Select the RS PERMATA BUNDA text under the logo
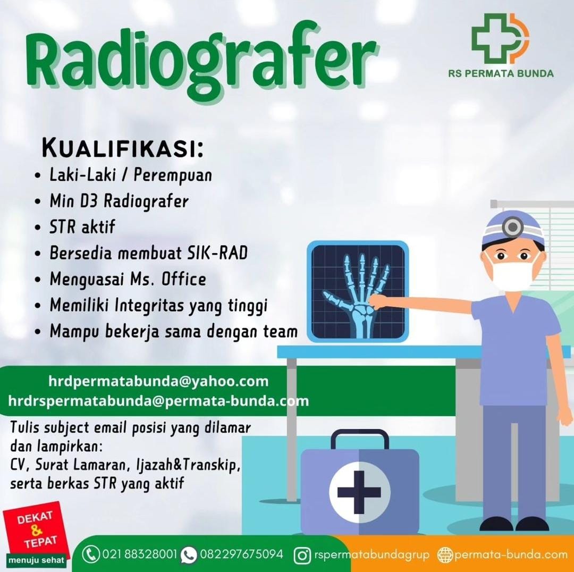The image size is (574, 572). (501, 73)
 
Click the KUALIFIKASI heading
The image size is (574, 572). (123, 149)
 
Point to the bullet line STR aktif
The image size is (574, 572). (82, 228)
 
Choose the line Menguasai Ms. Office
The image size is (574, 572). (128, 279)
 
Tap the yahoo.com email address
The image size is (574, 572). (158, 381)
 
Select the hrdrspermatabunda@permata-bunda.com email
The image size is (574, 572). (158, 401)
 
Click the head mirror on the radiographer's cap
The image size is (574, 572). (512, 228)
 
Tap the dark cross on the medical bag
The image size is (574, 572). (359, 492)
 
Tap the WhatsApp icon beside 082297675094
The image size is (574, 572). (189, 555)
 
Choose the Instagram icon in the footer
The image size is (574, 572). (302, 556)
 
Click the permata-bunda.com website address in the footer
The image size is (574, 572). (510, 554)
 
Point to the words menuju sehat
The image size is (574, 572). (36, 560)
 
